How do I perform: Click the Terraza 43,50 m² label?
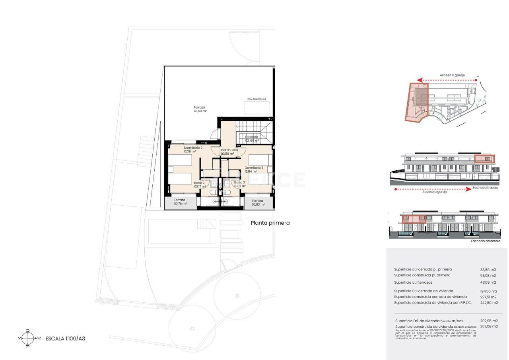pos(200,109)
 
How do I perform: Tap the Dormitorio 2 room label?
pos(193,150)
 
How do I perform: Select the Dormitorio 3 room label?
pos(254,169)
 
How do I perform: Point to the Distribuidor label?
pos(229,152)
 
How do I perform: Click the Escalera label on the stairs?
pos(252,138)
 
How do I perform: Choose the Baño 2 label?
pos(200,185)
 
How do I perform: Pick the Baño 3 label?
pos(240,184)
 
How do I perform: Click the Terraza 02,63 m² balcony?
pos(258,203)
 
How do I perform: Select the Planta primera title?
pos(270,223)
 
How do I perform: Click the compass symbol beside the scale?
pos(27,339)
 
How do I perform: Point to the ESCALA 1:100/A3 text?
pos(65,339)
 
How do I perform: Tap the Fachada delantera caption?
pos(486,241)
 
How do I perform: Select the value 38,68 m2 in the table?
pos(488,270)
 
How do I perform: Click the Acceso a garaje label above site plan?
pos(452,75)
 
